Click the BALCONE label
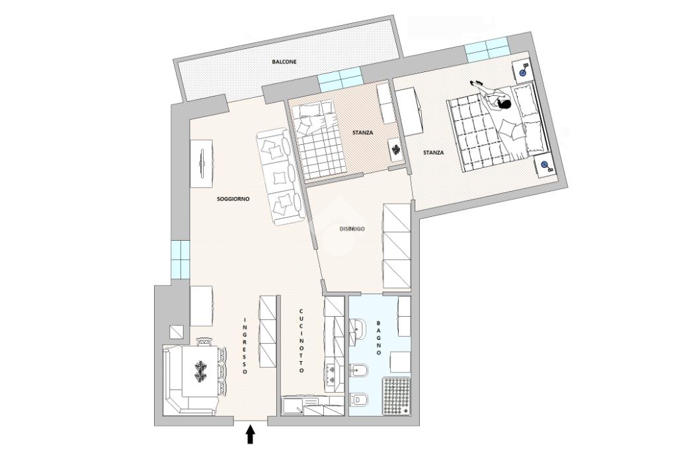tap(284, 61)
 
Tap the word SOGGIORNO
tap(233, 199)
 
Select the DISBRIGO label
tap(352, 229)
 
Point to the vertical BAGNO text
tap(379, 338)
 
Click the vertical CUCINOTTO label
tap(301, 341)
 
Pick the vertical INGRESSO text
tap(244, 347)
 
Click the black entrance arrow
tap(251, 434)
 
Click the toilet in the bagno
tap(358, 399)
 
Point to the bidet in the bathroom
tap(358, 370)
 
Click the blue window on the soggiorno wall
tap(180, 259)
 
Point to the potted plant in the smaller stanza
tap(396, 150)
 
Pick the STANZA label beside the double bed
tap(433, 153)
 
